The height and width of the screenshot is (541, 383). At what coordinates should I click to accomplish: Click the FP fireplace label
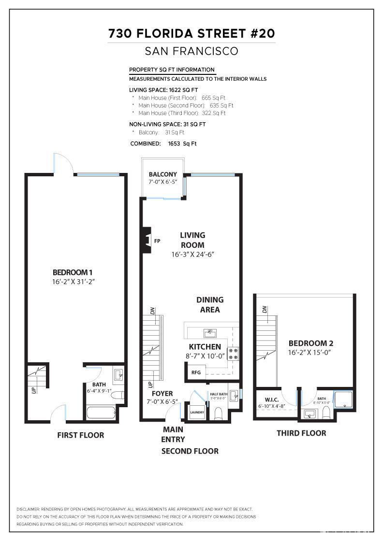[157, 241]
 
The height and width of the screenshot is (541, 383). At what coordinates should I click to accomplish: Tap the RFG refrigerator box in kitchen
[196, 372]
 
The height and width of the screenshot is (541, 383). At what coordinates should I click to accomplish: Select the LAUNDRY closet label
[197, 412]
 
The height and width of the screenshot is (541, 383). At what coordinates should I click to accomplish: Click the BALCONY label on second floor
[163, 174]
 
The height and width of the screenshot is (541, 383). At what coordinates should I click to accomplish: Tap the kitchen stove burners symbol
[234, 354]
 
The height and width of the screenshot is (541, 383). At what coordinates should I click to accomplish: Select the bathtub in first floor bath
[102, 413]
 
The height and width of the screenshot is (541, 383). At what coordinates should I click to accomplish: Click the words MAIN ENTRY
[173, 434]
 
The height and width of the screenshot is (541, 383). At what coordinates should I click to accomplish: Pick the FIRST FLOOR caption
[80, 435]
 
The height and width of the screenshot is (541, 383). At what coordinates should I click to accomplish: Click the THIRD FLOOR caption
[301, 433]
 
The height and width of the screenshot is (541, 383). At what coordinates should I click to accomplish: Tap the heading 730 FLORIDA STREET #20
[191, 33]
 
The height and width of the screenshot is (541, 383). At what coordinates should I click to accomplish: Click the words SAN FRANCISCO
[191, 51]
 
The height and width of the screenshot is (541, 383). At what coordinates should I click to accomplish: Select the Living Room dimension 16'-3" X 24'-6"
[192, 254]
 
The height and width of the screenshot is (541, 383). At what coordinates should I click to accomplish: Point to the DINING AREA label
[210, 305]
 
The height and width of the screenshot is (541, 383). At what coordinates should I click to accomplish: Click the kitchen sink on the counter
[209, 332]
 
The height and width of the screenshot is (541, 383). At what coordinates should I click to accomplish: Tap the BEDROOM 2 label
[311, 343]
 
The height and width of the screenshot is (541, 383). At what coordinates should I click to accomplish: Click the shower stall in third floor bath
[344, 399]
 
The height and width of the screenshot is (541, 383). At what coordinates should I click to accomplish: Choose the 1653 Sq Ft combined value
[182, 143]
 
